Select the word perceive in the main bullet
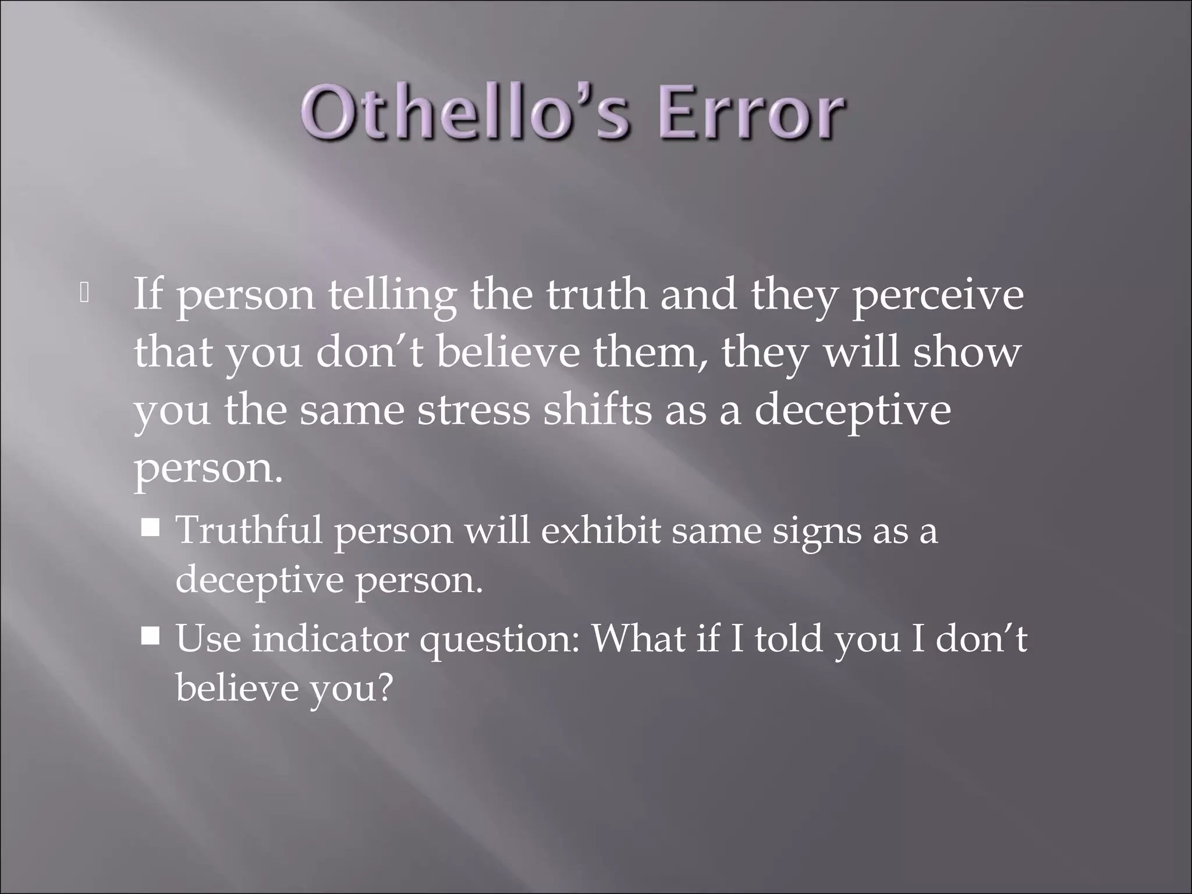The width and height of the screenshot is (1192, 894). point(937,296)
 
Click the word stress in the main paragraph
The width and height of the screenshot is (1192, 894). point(473,410)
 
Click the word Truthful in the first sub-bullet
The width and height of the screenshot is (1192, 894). point(249,530)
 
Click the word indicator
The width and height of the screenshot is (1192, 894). point(329,638)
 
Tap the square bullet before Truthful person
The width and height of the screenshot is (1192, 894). point(151,528)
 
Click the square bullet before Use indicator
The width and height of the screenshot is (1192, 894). point(151,636)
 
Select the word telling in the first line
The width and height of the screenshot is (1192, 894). point(392,296)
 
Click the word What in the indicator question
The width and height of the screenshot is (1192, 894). point(638,638)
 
